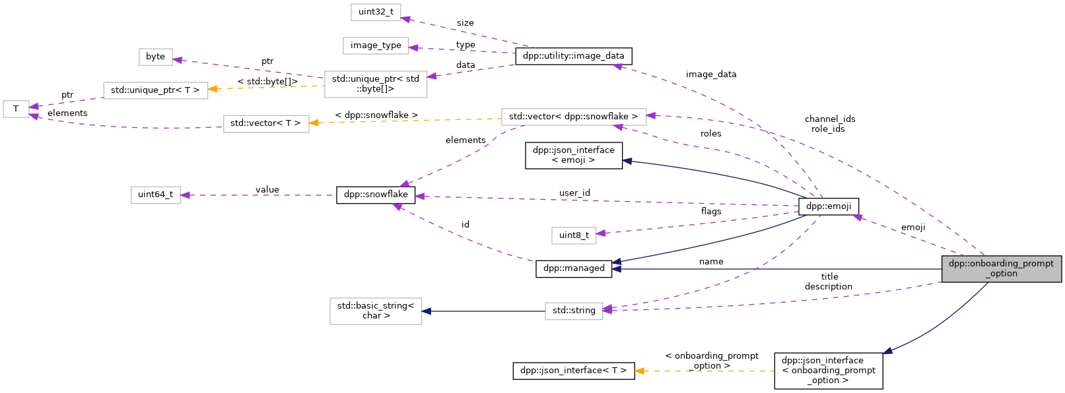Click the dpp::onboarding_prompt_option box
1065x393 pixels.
(1001, 268)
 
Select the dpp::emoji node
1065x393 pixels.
(829, 206)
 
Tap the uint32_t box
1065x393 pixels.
(376, 12)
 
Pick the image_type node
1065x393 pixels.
(376, 45)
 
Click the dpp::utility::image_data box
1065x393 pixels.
(573, 56)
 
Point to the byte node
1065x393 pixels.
(156, 57)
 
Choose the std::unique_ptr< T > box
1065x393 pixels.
(155, 90)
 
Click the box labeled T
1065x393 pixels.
(16, 109)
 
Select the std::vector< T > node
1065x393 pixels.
(265, 123)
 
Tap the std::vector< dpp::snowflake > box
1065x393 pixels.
(573, 117)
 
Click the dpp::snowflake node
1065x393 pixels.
(376, 195)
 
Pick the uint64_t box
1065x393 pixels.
(156, 195)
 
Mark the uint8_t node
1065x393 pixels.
(574, 235)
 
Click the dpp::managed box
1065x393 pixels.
(574, 268)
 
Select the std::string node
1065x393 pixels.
(574, 311)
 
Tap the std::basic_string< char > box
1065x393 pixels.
(376, 311)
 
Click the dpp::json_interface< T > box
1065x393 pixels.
(573, 371)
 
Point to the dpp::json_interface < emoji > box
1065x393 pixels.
(573, 155)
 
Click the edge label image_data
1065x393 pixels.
(710, 75)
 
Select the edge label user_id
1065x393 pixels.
(574, 193)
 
